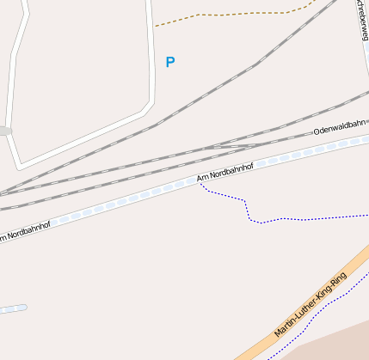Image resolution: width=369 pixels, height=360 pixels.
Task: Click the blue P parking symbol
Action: click(170, 62)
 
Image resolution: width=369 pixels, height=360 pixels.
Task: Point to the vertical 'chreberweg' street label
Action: click(362, 19)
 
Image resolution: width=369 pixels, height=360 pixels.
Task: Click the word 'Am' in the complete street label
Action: click(203, 178)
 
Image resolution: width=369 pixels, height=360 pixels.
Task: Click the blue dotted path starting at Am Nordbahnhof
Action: click(249, 211)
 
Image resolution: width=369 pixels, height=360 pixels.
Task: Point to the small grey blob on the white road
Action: click(4, 131)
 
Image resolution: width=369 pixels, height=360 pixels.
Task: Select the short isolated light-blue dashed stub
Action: click(12, 308)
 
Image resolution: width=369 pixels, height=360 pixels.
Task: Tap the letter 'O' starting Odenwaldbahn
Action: click(317, 133)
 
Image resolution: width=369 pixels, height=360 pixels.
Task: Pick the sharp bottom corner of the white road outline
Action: click(20, 166)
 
